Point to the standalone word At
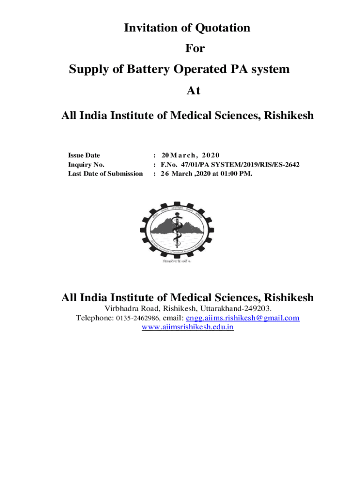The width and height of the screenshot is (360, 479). pos(193,91)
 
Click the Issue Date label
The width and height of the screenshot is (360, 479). pos(84,155)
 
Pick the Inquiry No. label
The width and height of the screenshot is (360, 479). pos(86,165)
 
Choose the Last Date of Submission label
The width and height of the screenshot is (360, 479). pos(105,174)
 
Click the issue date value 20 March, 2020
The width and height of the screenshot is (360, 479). pos(190,155)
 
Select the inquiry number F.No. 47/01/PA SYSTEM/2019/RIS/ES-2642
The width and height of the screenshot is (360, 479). pos(230,165)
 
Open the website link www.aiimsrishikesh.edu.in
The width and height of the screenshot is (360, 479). pos(187,327)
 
